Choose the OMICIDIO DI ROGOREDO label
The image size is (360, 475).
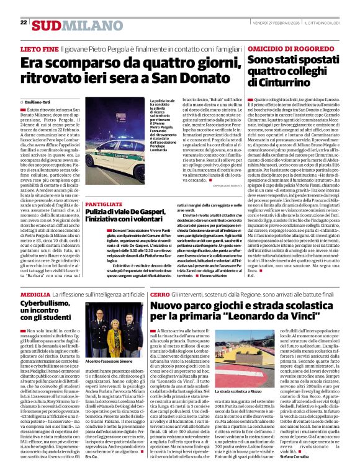(287, 48)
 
